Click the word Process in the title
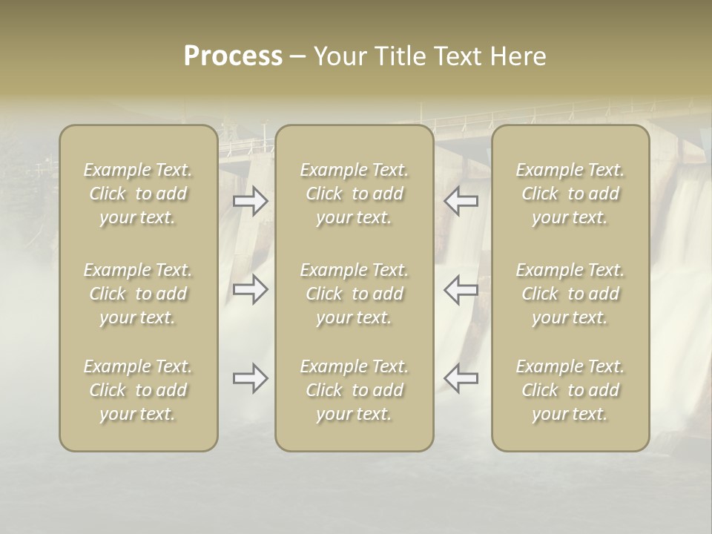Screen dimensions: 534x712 (233, 56)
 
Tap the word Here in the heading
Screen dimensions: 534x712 (518, 56)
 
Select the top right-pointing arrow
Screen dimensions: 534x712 (251, 201)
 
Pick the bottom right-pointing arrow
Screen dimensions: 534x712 (251, 378)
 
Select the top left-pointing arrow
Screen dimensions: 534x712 (461, 201)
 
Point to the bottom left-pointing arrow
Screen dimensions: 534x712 (461, 378)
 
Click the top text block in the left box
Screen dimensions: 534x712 (138, 194)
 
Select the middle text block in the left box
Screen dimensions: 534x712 (138, 294)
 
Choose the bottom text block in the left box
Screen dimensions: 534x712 (138, 390)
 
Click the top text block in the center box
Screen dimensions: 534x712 (355, 194)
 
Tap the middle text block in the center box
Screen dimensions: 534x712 (355, 294)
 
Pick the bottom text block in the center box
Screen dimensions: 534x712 (355, 390)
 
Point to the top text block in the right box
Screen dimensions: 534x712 (570, 194)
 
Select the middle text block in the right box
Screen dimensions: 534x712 (570, 294)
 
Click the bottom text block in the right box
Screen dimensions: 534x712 (570, 390)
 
